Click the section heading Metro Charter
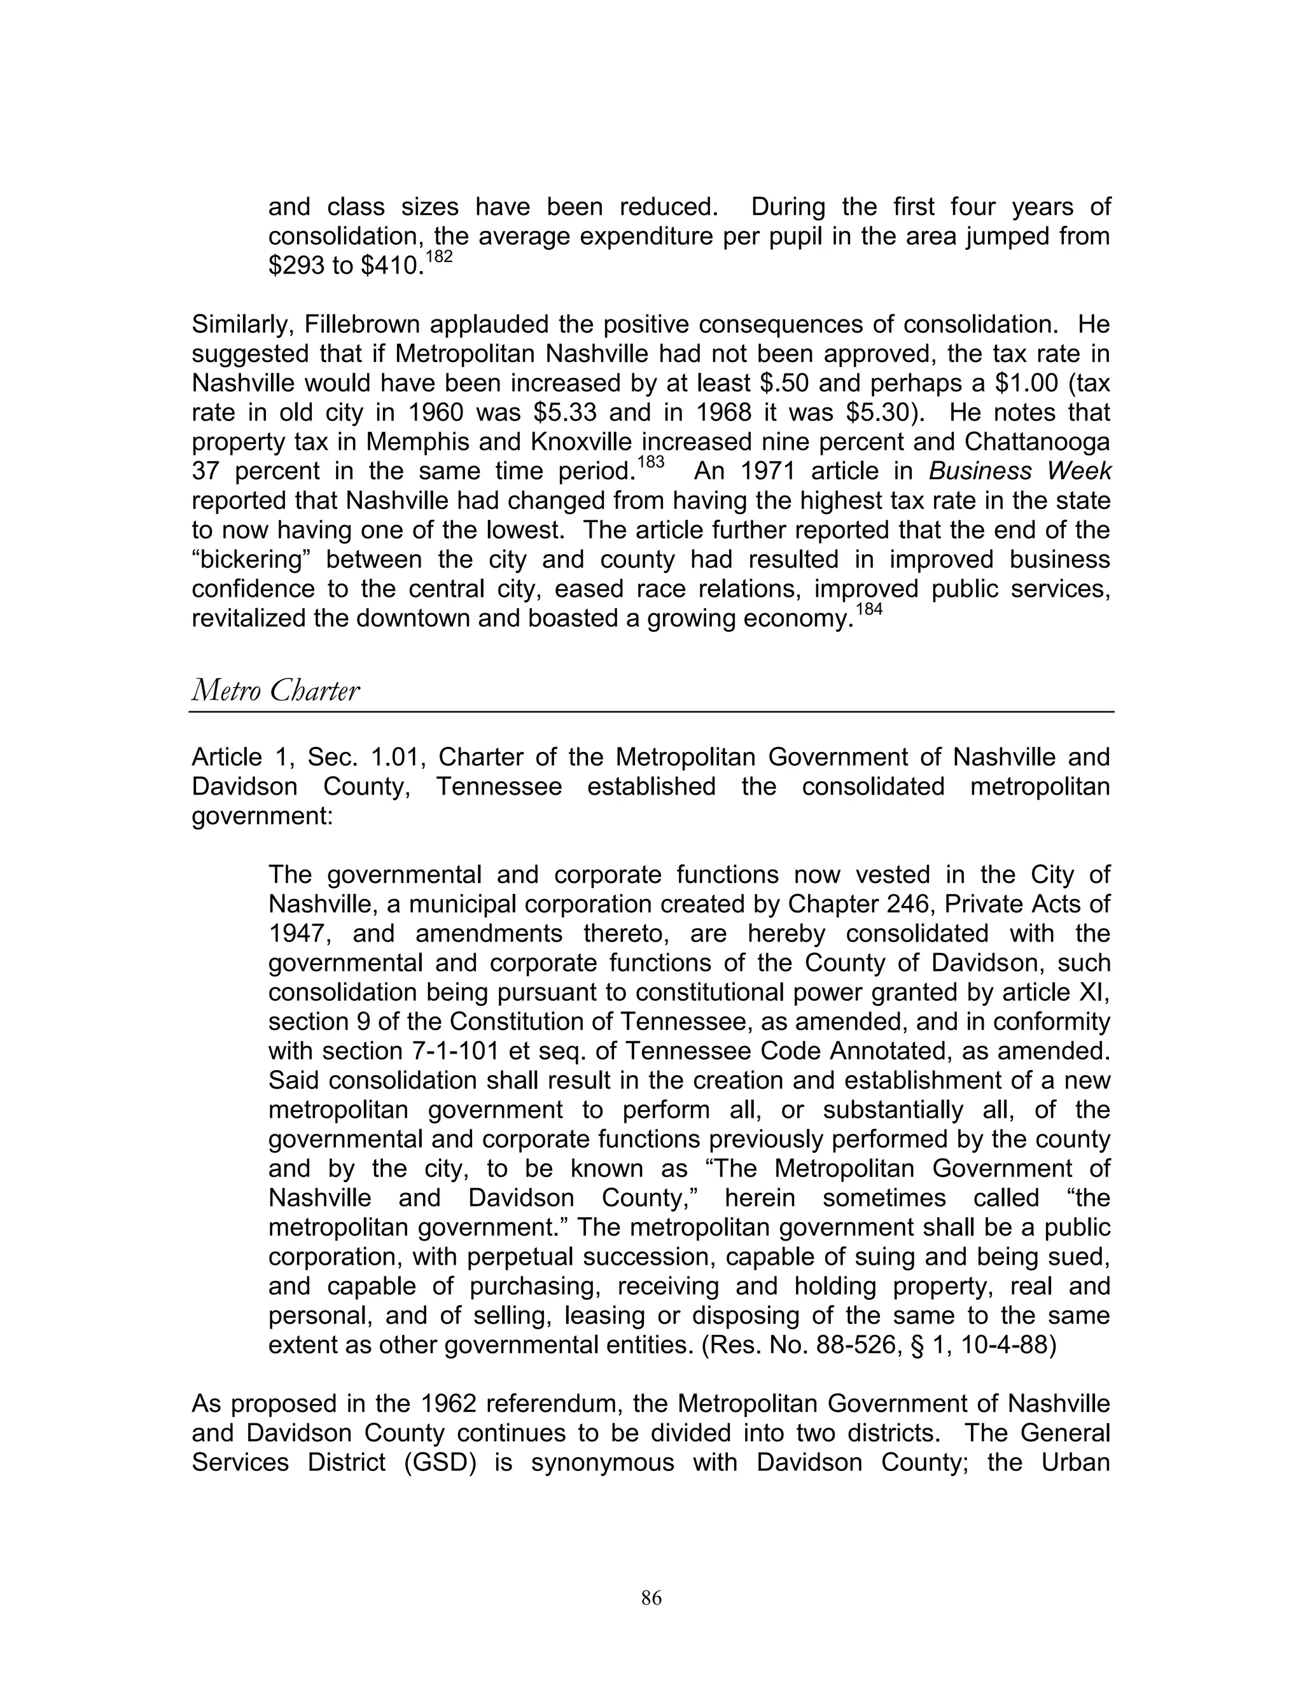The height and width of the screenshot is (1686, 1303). pos(275,690)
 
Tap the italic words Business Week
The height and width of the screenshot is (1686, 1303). pos(1019,471)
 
